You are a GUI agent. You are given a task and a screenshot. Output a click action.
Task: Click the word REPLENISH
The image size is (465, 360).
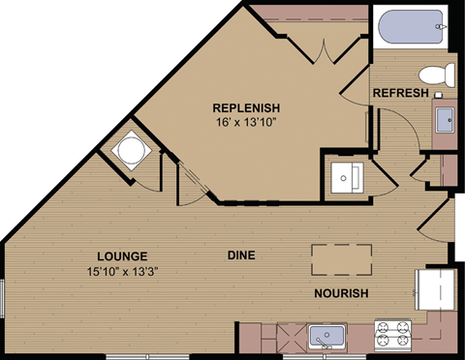tap(246, 107)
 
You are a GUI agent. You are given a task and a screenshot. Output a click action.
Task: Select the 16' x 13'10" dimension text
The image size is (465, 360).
tap(246, 123)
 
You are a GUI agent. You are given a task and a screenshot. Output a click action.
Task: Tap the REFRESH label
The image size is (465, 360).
tap(400, 93)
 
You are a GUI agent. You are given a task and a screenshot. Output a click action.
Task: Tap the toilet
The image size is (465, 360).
tap(438, 74)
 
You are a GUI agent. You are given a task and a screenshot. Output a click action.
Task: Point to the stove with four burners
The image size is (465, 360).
tap(393, 335)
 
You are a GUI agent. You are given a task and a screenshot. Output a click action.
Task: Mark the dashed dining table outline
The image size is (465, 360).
tap(341, 259)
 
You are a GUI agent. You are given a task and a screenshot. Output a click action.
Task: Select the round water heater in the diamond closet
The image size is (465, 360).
tap(131, 150)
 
